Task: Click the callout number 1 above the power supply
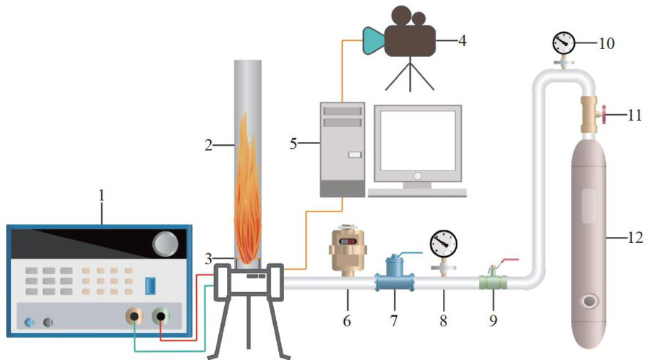coord(102,195)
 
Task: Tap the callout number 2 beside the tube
coord(209,146)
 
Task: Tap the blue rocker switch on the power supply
coord(149,285)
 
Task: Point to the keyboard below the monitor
coord(417,192)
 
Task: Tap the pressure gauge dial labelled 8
coord(442,242)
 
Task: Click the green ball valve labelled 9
coord(491,281)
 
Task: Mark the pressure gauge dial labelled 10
coord(562,43)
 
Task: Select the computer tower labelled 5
coord(342,149)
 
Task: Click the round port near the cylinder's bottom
coord(589,301)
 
